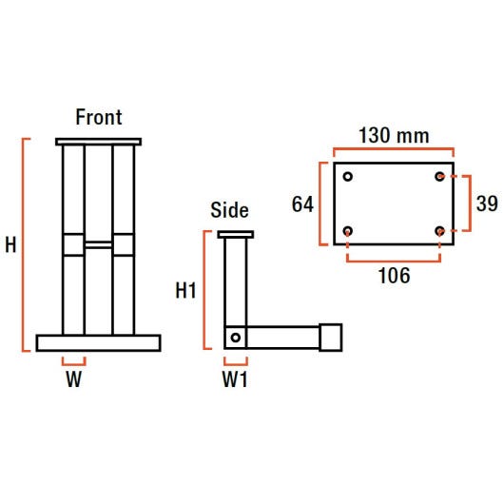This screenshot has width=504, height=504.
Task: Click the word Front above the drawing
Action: [x=99, y=117]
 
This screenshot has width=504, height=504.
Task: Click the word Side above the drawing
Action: [x=229, y=210]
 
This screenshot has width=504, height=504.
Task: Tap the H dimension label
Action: [x=10, y=245]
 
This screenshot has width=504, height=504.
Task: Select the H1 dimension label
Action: [x=185, y=291]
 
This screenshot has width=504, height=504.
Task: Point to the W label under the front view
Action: [x=74, y=379]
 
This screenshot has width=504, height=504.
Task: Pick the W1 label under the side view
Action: [x=235, y=379]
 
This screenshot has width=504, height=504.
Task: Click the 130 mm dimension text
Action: [x=394, y=135]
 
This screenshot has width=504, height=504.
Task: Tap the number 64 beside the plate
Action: [x=302, y=204]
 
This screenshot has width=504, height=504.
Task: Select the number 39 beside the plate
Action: [x=487, y=204]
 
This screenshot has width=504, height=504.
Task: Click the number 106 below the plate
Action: [x=394, y=276]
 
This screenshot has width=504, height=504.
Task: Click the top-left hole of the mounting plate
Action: [x=348, y=177]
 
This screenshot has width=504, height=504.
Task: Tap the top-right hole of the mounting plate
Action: [x=439, y=177]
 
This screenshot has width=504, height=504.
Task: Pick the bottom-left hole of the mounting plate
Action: [x=348, y=231]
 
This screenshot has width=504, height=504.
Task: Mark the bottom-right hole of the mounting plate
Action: [x=439, y=231]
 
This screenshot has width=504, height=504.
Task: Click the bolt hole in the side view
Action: [x=236, y=338]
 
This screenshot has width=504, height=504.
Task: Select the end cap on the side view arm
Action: [x=330, y=338]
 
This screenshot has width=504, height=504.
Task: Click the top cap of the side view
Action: [x=236, y=234]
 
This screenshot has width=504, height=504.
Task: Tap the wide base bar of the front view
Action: [x=98, y=343]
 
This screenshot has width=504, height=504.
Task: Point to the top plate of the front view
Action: [x=98, y=142]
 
